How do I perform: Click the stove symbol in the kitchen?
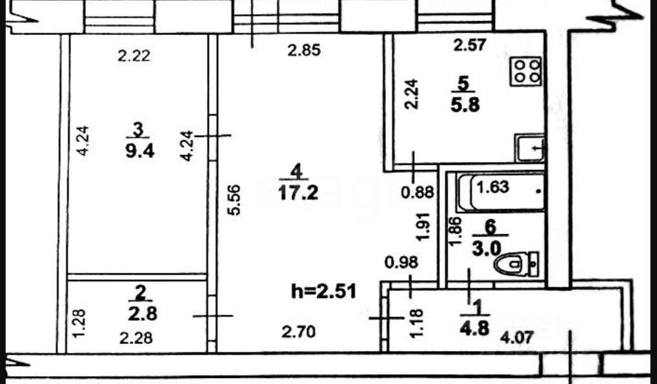tap(526, 71)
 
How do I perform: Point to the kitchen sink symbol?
tap(530, 148)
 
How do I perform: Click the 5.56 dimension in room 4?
tap(235, 201)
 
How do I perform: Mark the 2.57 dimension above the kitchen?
tap(469, 45)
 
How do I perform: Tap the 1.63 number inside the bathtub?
tap(493, 188)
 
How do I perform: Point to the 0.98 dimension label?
tap(401, 262)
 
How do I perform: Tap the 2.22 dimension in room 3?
tap(134, 56)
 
